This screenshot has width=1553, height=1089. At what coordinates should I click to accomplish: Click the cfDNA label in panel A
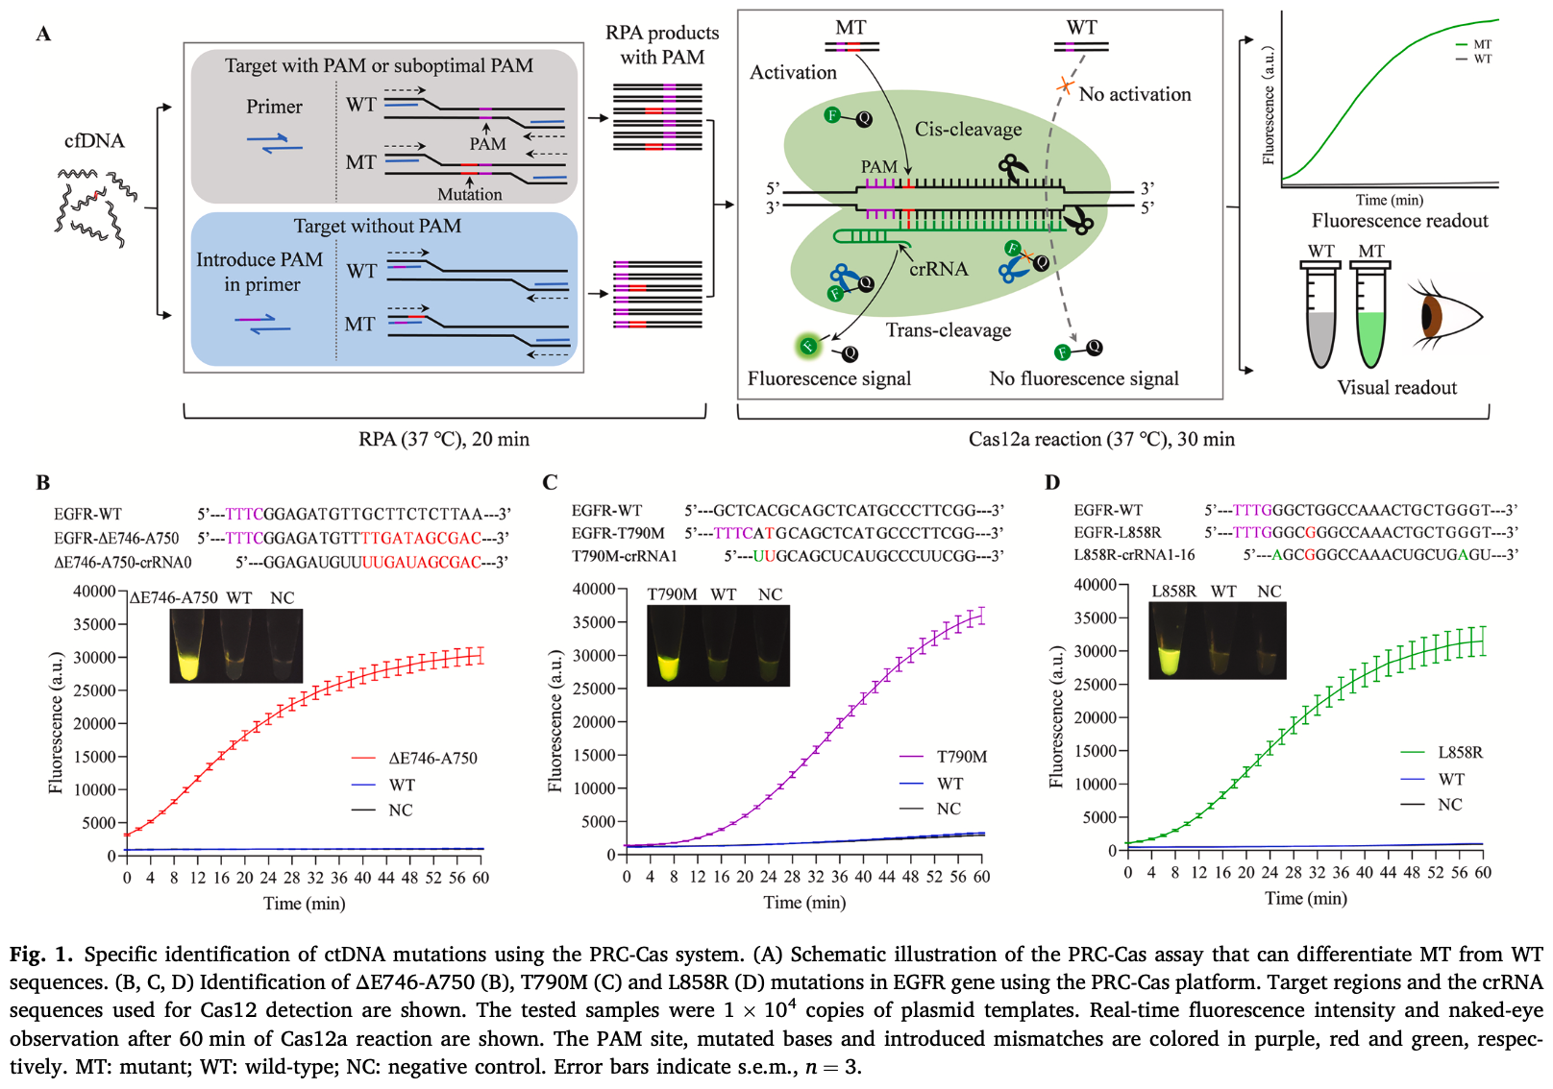(x=94, y=140)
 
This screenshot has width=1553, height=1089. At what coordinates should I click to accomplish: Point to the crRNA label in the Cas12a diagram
(x=938, y=269)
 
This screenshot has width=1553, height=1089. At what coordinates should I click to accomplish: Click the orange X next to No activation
(x=1065, y=86)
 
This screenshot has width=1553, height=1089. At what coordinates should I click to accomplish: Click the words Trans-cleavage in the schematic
(x=948, y=329)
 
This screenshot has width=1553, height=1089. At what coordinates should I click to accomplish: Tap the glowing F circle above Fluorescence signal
(x=808, y=346)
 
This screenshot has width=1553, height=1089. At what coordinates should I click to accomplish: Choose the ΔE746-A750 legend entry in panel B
(x=414, y=758)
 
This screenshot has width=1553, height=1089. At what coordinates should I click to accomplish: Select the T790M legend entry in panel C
(x=943, y=757)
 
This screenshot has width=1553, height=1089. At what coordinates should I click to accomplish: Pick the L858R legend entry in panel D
(x=1442, y=752)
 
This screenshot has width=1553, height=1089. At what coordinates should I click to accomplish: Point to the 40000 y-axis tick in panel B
(x=94, y=591)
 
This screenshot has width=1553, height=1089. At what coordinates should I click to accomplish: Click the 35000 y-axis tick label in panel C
(x=594, y=622)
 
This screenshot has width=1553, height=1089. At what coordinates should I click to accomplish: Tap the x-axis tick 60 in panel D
(x=1482, y=872)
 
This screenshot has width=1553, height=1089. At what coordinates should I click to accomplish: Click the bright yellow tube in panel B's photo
(x=188, y=647)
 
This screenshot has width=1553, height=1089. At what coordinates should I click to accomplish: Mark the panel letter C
(x=550, y=482)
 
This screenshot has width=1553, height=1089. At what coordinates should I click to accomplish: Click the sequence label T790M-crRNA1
(x=624, y=556)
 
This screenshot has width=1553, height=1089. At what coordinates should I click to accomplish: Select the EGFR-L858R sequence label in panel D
(x=1118, y=533)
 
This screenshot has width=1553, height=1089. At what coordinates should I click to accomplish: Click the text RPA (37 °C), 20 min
(x=444, y=439)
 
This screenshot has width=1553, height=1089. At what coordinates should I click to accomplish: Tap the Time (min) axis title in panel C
(x=804, y=902)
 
